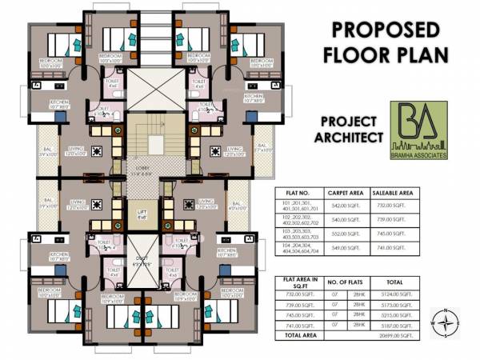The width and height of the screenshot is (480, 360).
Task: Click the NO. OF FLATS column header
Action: tap(346, 282)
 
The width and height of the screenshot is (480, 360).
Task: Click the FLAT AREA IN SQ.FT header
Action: tap(298, 282)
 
